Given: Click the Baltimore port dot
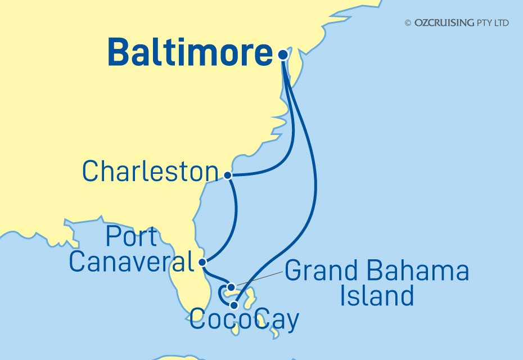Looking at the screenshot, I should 283,55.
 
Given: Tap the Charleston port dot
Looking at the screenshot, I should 228,175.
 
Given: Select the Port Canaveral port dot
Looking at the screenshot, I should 203,262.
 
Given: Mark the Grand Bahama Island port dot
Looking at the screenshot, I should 231,288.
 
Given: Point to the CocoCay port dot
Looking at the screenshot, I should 234,305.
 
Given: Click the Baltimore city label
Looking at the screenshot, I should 190,53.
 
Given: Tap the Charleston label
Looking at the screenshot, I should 150,172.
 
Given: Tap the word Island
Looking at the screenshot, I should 377,295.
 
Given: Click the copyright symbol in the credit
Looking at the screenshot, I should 408,23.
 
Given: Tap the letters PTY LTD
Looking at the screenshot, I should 492,23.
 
